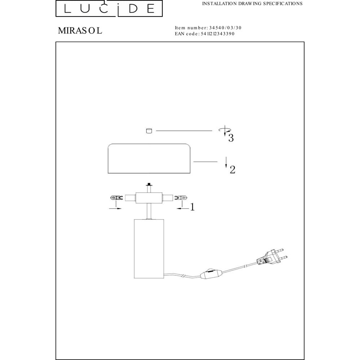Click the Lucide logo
(109, 9)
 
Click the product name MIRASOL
(80, 31)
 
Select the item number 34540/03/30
(225, 28)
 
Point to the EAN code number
(217, 34)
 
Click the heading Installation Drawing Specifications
(252, 4)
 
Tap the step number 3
(231, 138)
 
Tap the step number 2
(233, 170)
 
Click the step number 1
(192, 207)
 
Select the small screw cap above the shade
(149, 131)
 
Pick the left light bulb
(116, 198)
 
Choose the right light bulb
(181, 197)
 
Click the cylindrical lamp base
(149, 249)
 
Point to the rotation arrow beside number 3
(225, 130)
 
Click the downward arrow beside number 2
(226, 162)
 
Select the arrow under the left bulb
(115, 208)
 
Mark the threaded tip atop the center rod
(149, 184)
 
